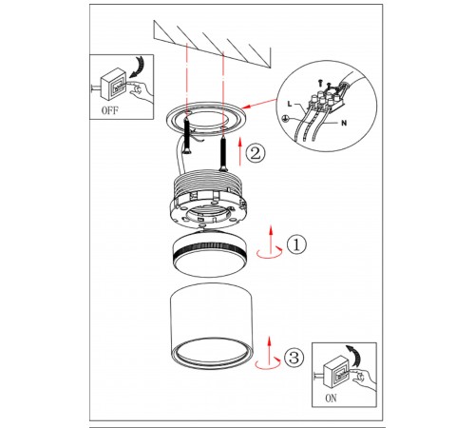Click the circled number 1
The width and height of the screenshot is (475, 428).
tap(296, 244)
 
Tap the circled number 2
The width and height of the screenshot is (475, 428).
tap(256, 154)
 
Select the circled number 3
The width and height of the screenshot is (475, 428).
tap(294, 358)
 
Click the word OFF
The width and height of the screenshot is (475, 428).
tap(109, 110)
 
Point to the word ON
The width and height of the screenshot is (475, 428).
tap(331, 399)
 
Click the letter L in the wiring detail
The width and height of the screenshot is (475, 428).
tap(290, 104)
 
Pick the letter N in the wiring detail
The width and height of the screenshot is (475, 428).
tap(344, 123)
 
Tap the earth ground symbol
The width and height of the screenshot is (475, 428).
tap(284, 119)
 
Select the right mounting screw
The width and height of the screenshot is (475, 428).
tap(223, 154)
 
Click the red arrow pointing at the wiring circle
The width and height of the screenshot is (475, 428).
tap(259, 104)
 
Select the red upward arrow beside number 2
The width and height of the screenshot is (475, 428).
tap(240, 151)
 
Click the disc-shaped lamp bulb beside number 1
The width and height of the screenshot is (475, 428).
tap(210, 253)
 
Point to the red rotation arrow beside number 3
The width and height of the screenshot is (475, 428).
tap(268, 363)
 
